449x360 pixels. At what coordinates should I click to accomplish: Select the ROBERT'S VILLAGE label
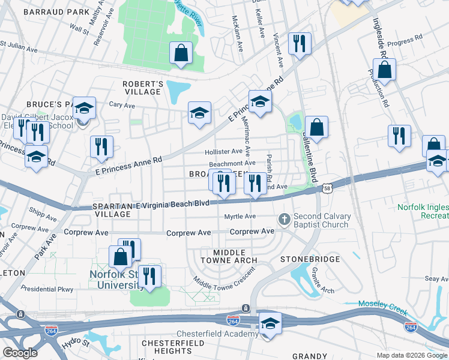(143, 88)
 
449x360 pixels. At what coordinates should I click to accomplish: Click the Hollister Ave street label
(223, 152)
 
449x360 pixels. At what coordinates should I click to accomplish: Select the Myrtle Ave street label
(240, 216)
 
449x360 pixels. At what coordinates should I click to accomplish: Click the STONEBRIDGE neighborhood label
(310, 260)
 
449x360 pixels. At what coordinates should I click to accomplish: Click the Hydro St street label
(75, 345)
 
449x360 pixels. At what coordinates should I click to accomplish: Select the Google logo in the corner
(20, 352)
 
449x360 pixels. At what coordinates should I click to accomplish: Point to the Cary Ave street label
(120, 104)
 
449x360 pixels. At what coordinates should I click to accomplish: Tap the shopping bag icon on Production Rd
(385, 70)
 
